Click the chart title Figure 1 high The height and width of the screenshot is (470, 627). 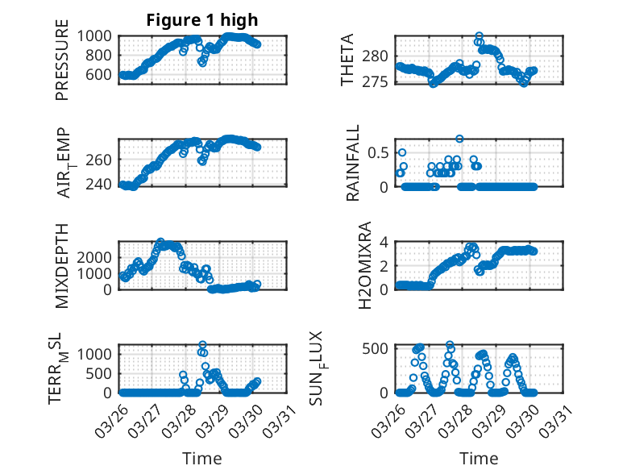click(202, 20)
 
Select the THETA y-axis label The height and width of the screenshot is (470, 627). click(347, 60)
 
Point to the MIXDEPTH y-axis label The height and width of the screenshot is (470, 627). click(62, 265)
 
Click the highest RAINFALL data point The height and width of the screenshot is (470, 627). click(459, 139)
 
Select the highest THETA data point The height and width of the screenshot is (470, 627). click(479, 36)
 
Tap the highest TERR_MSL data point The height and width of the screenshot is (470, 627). click(202, 345)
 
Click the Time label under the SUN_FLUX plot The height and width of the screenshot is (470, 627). click(479, 458)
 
